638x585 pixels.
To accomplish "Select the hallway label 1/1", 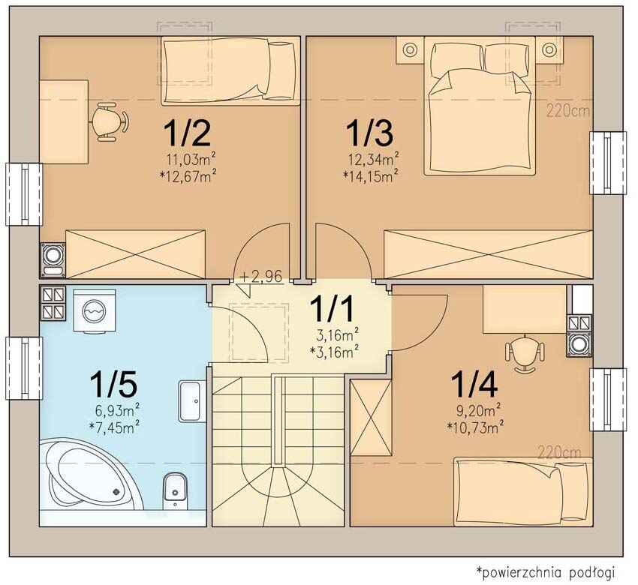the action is [332, 309].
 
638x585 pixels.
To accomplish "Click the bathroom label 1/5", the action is [113, 384].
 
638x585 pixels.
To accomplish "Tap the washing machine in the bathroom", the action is [95, 310].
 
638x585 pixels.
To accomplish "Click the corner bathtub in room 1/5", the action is [92, 473].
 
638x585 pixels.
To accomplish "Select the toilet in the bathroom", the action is [175, 491].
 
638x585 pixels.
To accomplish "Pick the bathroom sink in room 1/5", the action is [190, 401].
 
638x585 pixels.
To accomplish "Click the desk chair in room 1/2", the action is [109, 122].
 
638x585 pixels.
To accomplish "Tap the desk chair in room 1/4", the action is [525, 352].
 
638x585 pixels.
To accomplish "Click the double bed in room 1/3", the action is [480, 106].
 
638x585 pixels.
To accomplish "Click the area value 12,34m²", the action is [373, 159].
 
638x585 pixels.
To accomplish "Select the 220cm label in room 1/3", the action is [568, 111].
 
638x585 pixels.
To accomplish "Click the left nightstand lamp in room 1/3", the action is [410, 49].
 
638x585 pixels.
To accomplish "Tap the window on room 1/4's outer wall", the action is [608, 400].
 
